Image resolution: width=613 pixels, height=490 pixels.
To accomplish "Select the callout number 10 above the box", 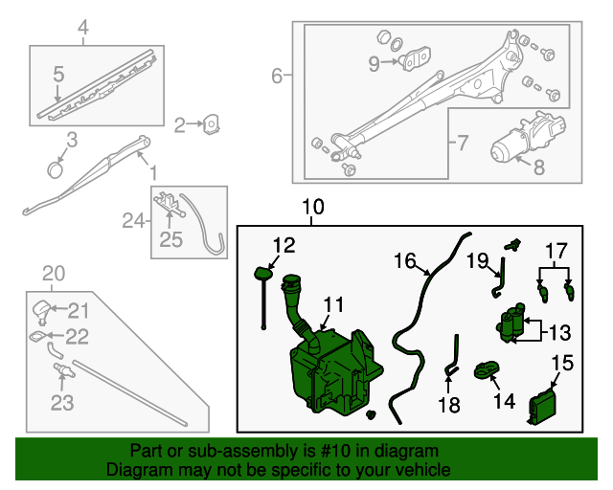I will click(x=313, y=207).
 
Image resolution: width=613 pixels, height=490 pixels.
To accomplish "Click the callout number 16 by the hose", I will click(x=404, y=260).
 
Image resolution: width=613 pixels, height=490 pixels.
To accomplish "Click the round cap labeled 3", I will click(x=56, y=169).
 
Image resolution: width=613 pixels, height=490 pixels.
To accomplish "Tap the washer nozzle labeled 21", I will click(x=41, y=308).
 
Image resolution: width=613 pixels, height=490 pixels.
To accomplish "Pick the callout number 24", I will click(x=132, y=222).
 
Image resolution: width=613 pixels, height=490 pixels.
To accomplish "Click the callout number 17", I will click(x=556, y=251).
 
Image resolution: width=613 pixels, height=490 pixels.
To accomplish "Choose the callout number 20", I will click(x=55, y=275).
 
